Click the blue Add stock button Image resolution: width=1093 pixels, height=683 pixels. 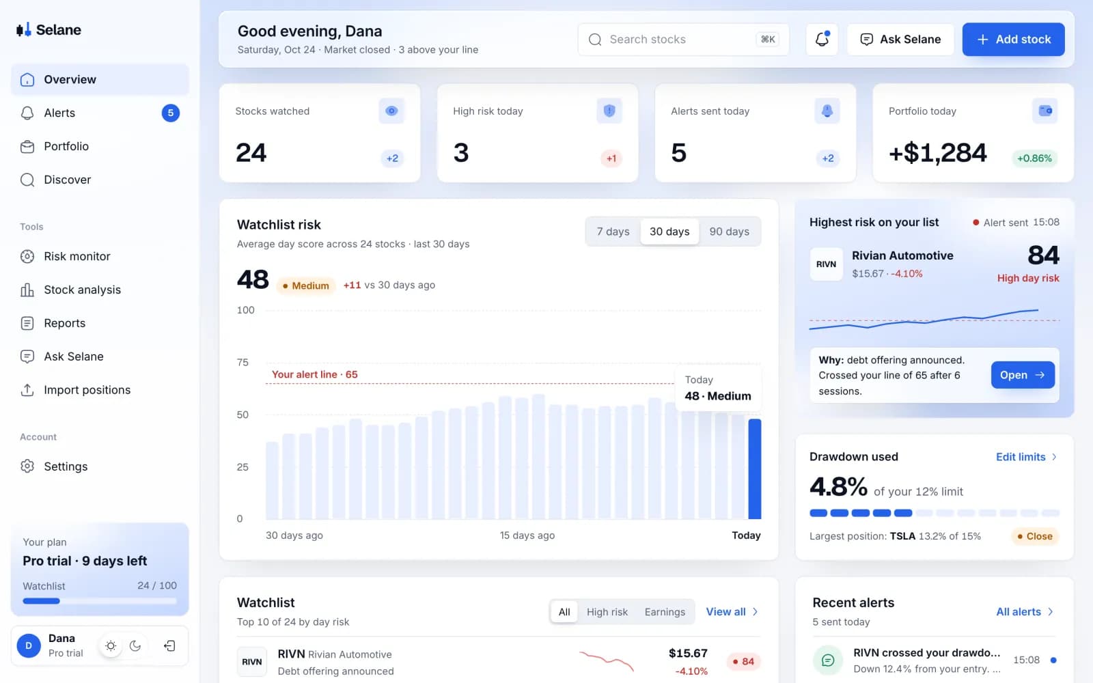(x=1013, y=40)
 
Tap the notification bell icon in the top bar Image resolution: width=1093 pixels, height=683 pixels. (x=822, y=39)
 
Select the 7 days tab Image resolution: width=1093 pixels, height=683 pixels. (x=613, y=232)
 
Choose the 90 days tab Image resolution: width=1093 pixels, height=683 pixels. (x=729, y=232)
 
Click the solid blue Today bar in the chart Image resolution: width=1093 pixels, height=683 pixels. (x=754, y=469)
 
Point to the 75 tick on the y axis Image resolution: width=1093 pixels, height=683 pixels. (x=243, y=363)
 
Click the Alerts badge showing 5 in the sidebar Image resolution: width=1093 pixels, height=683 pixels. (x=170, y=113)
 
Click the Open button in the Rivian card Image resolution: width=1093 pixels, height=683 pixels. (x=1022, y=375)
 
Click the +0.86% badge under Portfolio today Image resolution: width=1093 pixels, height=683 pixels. (x=1034, y=158)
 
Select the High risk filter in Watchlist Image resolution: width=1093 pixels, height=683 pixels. (x=607, y=612)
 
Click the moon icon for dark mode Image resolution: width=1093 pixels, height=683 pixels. (x=135, y=646)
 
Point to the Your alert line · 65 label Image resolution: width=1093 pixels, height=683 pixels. (x=314, y=375)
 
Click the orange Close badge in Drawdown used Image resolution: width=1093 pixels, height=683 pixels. (x=1034, y=537)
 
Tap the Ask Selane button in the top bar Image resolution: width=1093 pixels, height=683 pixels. (x=900, y=40)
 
